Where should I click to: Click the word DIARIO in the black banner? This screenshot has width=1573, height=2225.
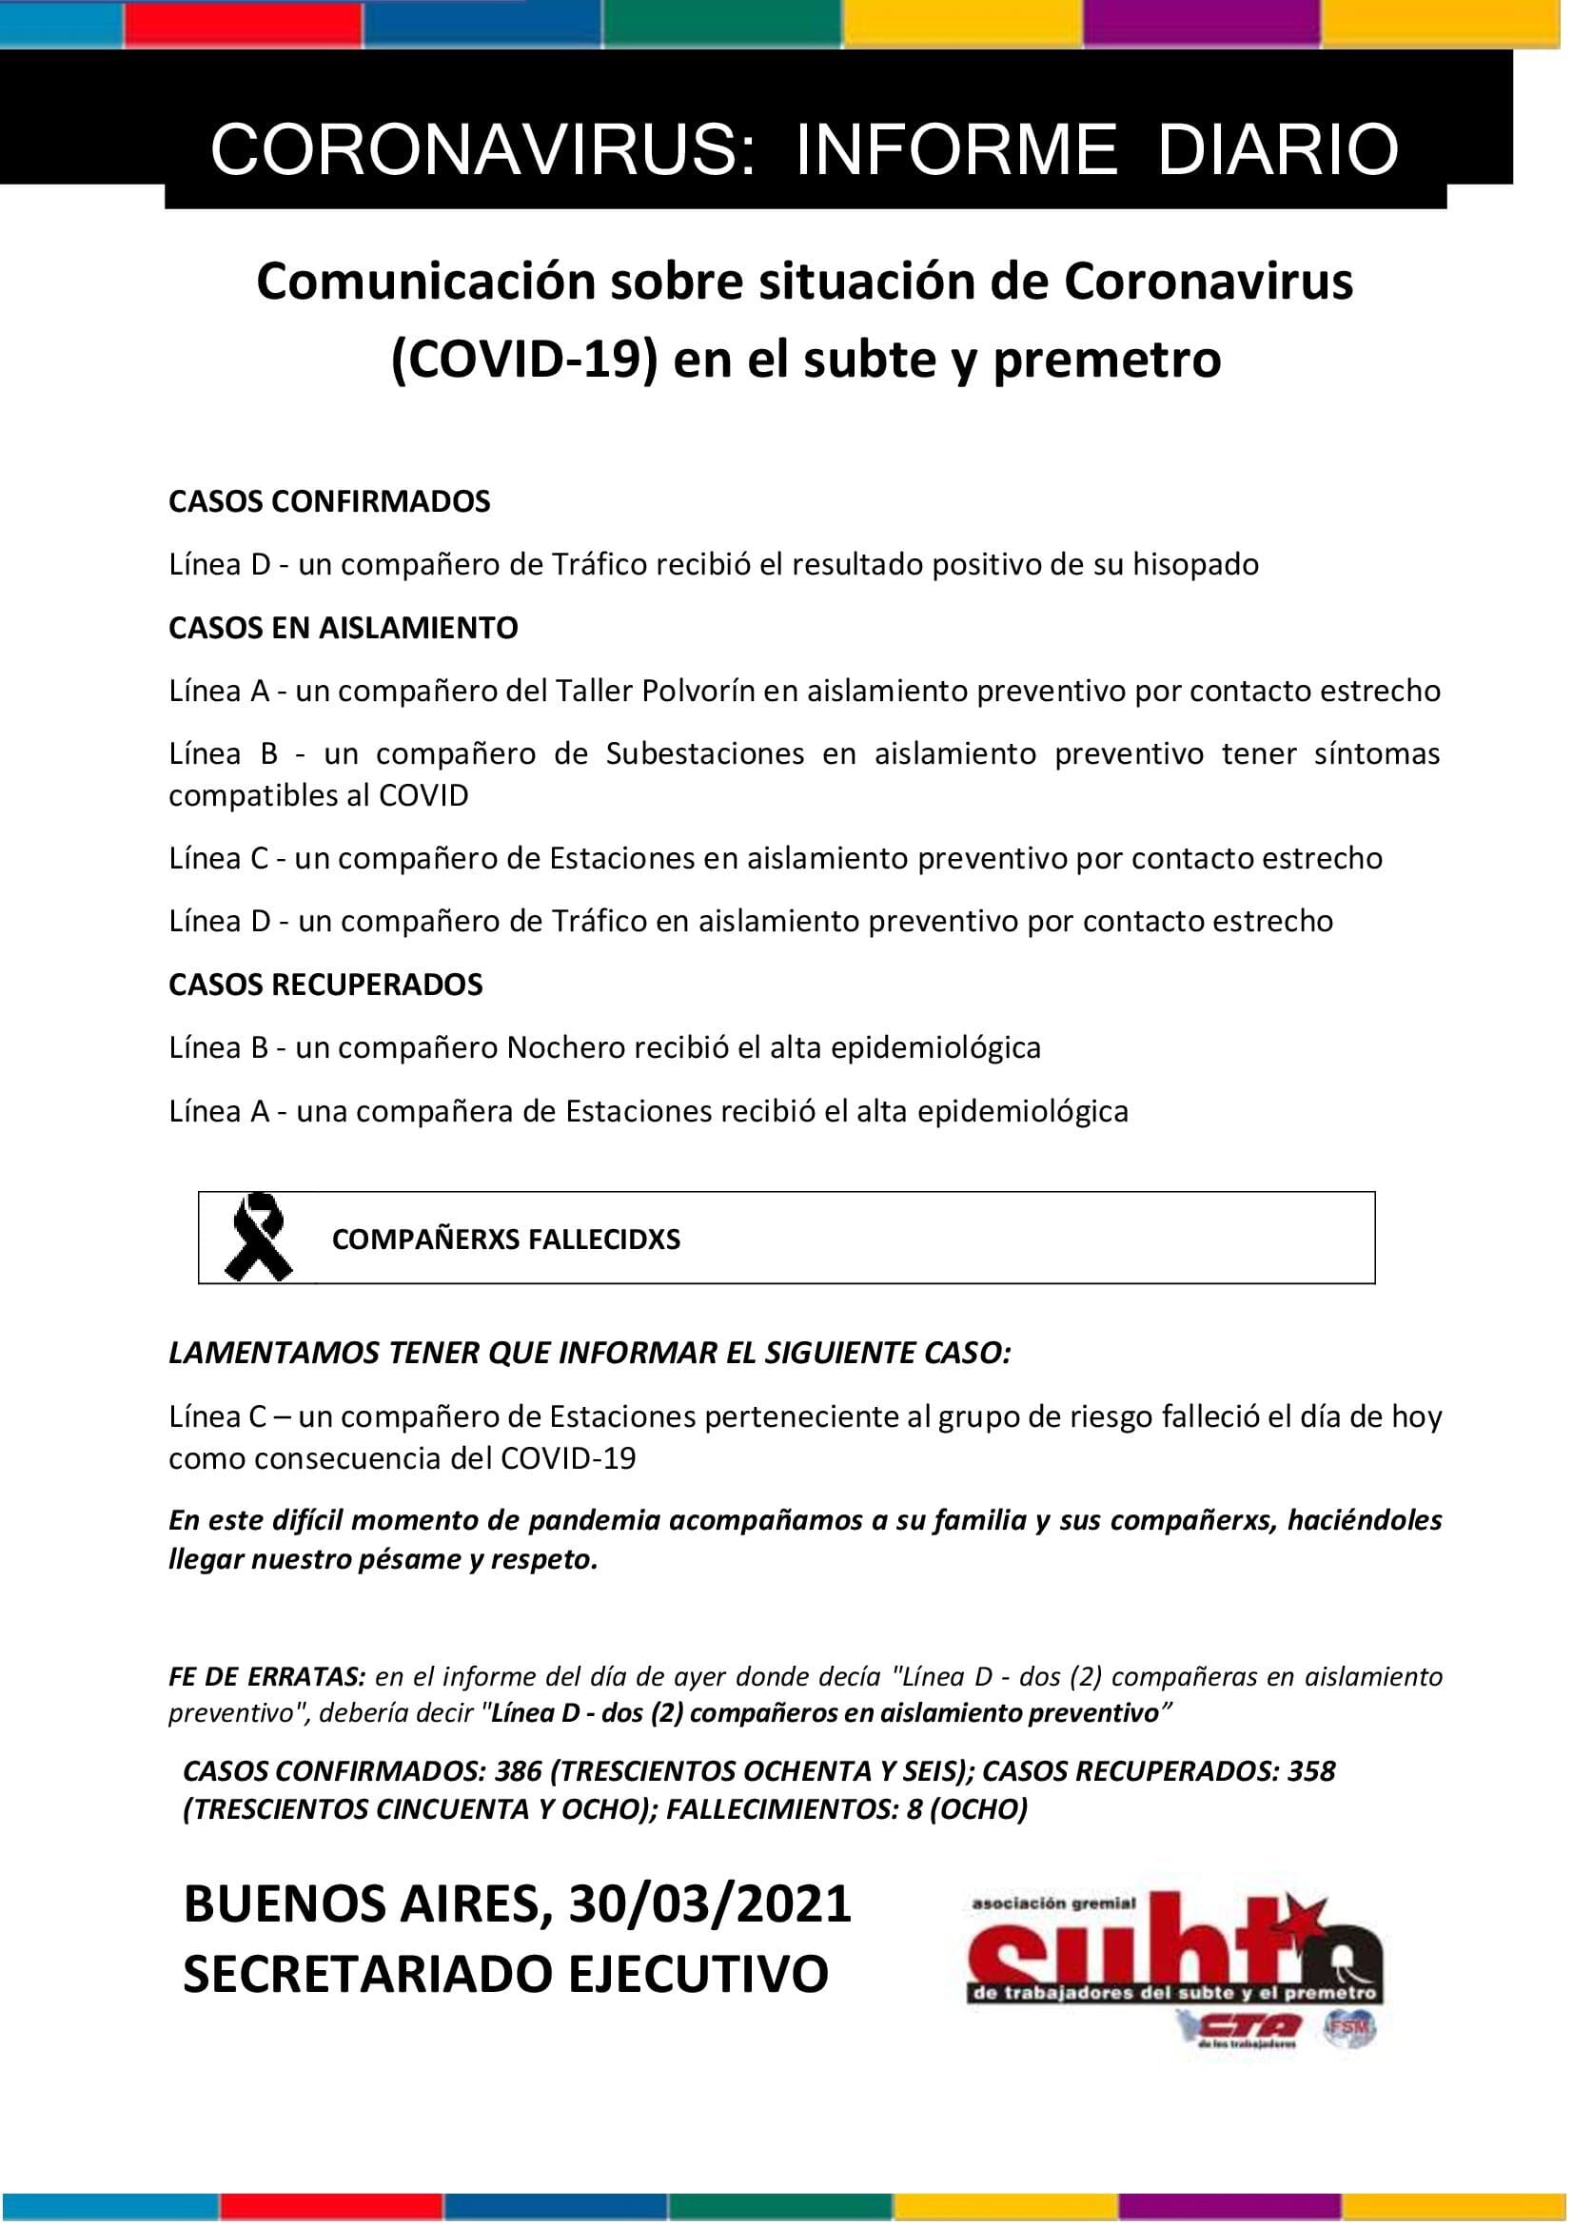click(1277, 149)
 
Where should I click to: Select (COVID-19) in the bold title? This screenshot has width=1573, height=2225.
click(520, 360)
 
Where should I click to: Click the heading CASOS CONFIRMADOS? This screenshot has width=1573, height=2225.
click(329, 501)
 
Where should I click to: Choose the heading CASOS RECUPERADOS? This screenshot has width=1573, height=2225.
click(325, 984)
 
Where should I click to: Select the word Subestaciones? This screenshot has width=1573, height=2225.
click(704, 753)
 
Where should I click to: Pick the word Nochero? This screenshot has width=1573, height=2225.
click(566, 1046)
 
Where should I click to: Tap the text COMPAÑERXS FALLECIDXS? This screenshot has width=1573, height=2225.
click(506, 1239)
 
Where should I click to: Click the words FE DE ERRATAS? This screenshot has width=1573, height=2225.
click(266, 1675)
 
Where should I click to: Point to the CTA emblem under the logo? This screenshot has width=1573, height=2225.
click(1239, 2025)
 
